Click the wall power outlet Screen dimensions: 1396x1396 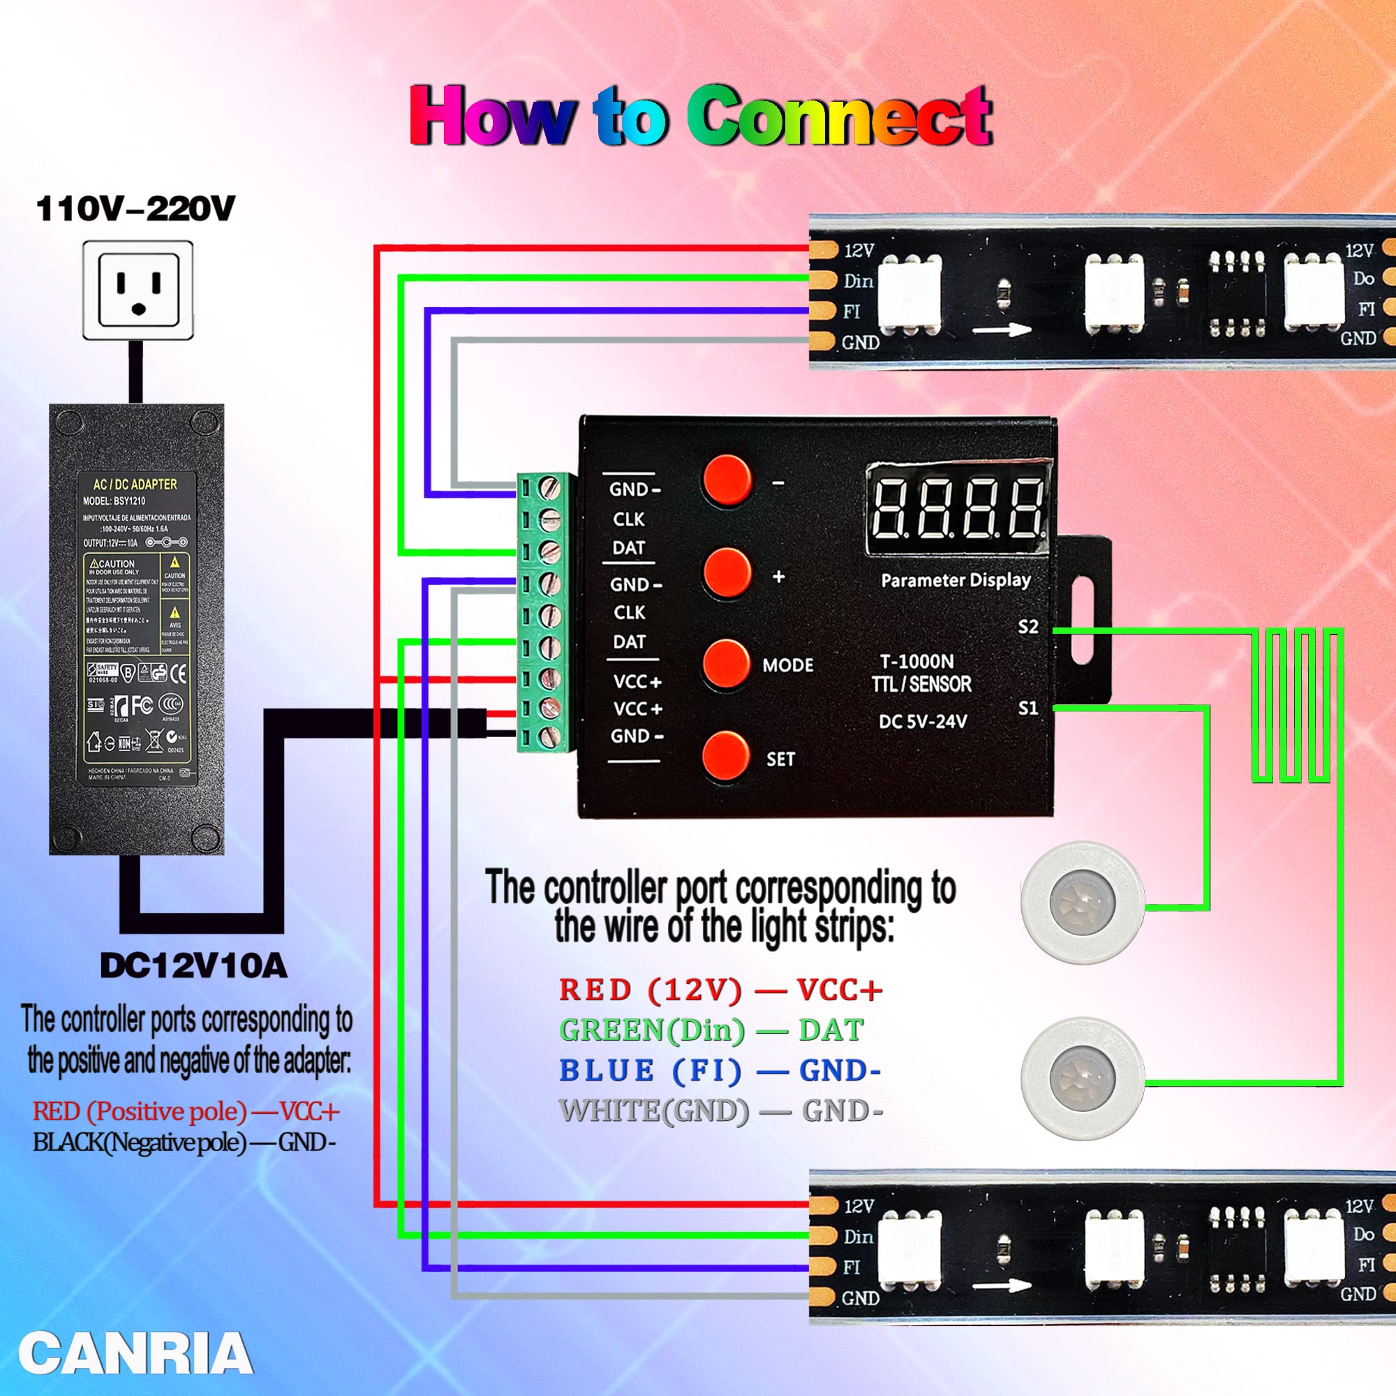[x=138, y=290]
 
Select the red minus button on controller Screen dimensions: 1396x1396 [x=726, y=480]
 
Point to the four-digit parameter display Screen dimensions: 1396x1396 [x=958, y=509]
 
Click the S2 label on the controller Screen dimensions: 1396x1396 [x=1027, y=628]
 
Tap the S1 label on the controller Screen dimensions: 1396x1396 [x=1027, y=708]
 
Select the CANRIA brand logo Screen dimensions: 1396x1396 [x=135, y=1353]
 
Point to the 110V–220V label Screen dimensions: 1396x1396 [x=136, y=209]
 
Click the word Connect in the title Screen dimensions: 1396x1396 [x=838, y=116]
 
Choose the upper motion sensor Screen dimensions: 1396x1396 [x=1082, y=903]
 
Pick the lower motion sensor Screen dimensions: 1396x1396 [x=1082, y=1079]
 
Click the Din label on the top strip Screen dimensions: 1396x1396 [x=859, y=281]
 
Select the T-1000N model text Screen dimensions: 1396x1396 [x=916, y=661]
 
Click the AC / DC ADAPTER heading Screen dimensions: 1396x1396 [x=135, y=484]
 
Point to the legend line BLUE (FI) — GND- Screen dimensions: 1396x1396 [x=720, y=1071]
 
